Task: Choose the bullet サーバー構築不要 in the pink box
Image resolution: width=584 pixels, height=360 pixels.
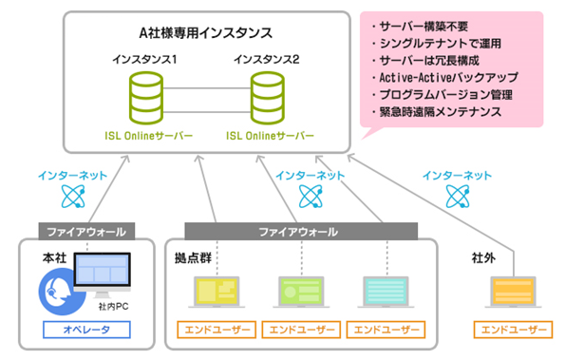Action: click(x=424, y=25)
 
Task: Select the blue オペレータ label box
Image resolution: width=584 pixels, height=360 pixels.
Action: click(x=85, y=330)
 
